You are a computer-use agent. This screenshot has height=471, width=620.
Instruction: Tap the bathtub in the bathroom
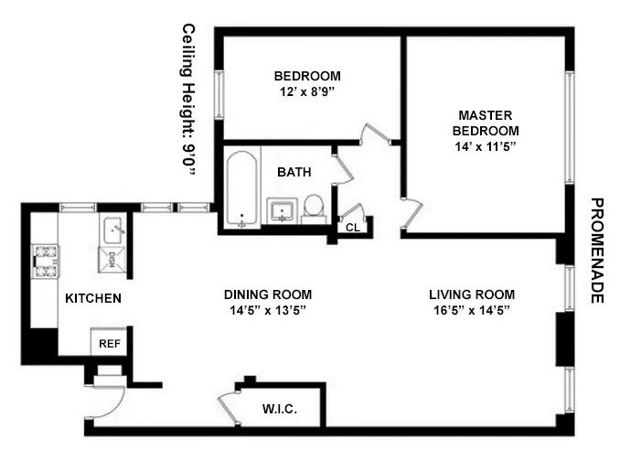pyautogui.click(x=241, y=188)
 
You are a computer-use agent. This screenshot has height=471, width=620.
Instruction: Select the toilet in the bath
pyautogui.click(x=314, y=208)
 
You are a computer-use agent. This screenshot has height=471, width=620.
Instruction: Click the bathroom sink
pyautogui.click(x=283, y=210)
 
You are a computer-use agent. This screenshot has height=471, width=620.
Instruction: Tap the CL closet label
pyautogui.click(x=352, y=227)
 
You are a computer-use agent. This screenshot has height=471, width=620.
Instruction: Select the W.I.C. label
pyautogui.click(x=279, y=408)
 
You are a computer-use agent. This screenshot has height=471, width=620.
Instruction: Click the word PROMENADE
pyautogui.click(x=598, y=251)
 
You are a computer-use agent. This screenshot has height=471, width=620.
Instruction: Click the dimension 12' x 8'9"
pyautogui.click(x=307, y=93)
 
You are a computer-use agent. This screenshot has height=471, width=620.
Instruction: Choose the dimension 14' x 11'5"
pyautogui.click(x=485, y=146)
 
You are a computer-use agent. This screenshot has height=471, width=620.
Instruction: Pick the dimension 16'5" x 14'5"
pyautogui.click(x=472, y=311)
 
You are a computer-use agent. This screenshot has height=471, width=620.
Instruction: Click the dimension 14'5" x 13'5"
pyautogui.click(x=267, y=311)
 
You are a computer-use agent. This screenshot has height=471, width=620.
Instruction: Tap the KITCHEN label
pyautogui.click(x=92, y=298)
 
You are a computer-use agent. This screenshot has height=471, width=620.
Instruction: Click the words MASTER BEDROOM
pyautogui.click(x=485, y=123)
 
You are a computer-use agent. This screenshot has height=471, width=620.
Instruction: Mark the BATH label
pyautogui.click(x=294, y=171)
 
